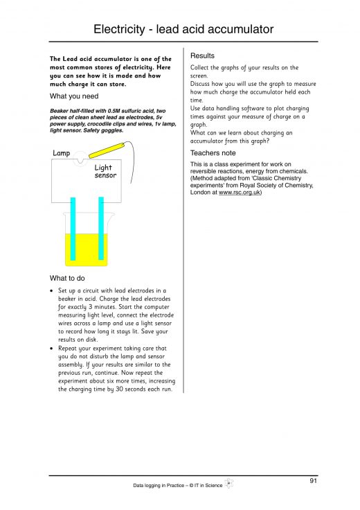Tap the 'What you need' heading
(x=74, y=96)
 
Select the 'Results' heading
(x=202, y=55)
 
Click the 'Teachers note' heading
(x=213, y=153)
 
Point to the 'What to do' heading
(x=67, y=278)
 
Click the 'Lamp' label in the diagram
(x=62, y=153)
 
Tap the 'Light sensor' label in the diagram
(x=105, y=171)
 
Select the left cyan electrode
(x=73, y=229)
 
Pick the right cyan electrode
(x=101, y=229)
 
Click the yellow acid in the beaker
(x=87, y=249)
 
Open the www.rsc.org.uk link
(x=240, y=192)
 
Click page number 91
(x=313, y=481)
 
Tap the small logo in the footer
(x=229, y=484)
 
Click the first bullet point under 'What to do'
(x=51, y=291)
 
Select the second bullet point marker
(x=51, y=349)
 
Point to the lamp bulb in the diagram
(x=80, y=159)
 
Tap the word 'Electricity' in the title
(x=119, y=29)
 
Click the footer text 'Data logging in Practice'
(x=159, y=485)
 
